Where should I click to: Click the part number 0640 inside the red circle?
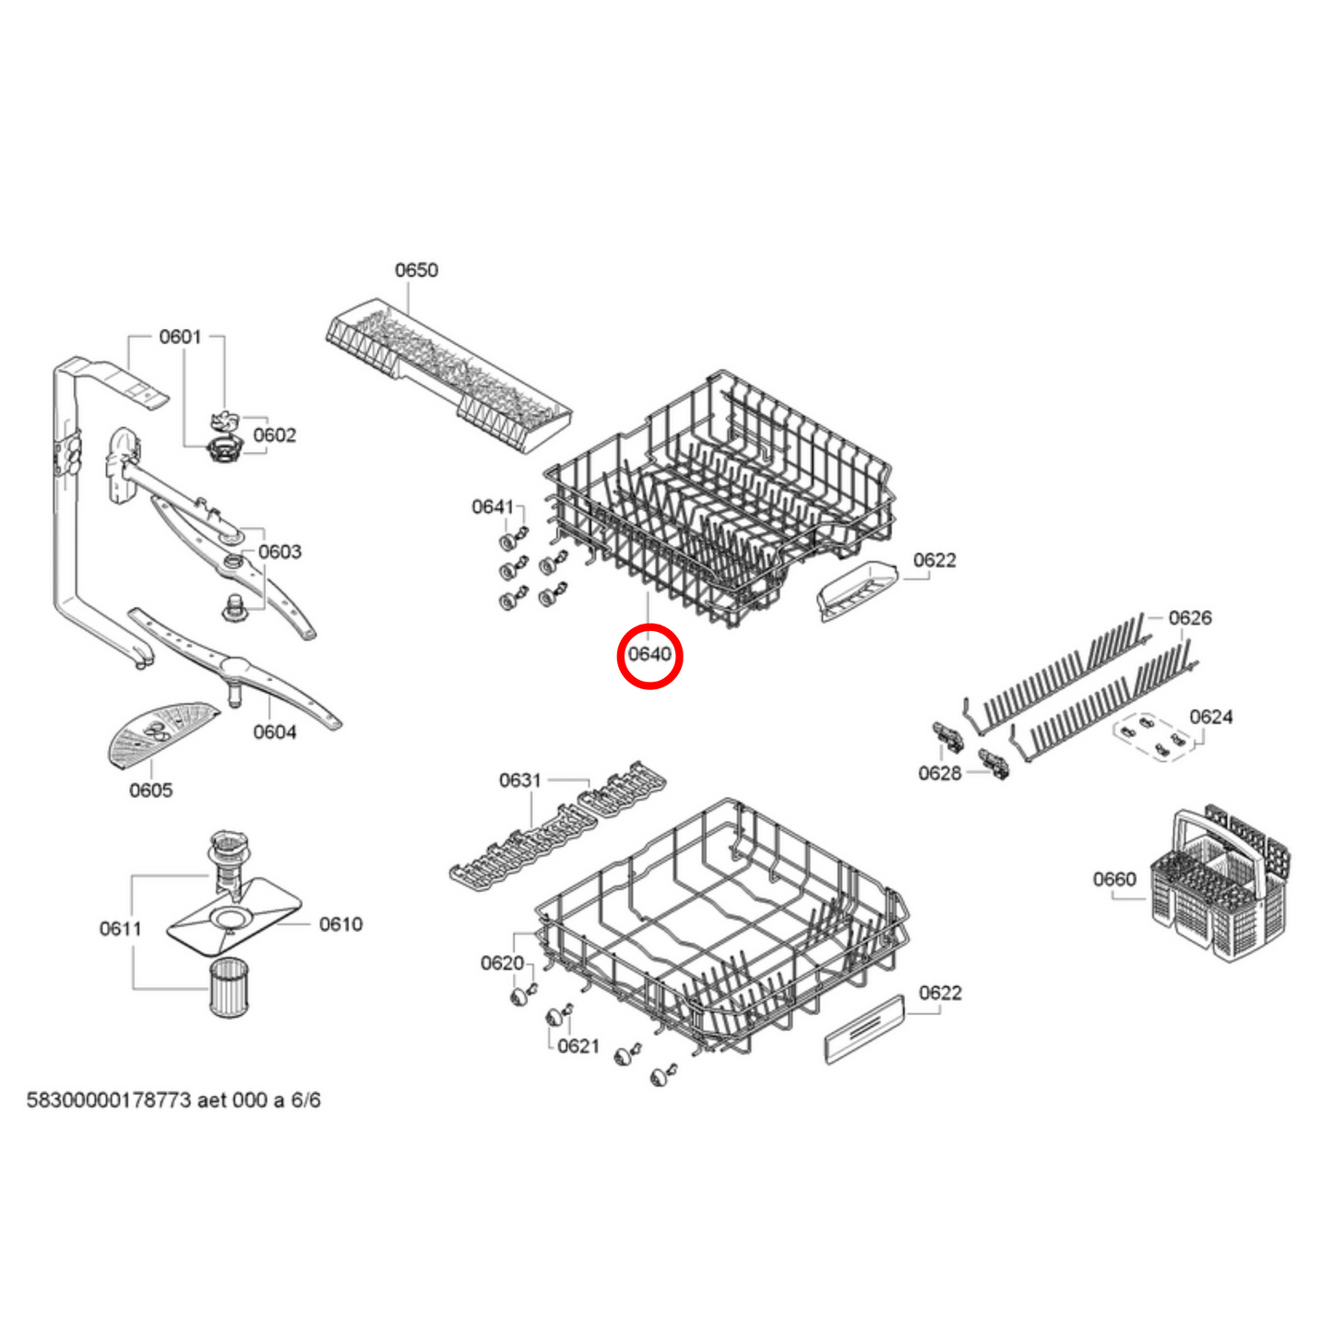click(649, 655)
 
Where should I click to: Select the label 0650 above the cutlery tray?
click(416, 270)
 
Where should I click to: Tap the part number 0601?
click(180, 337)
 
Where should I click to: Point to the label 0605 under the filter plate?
click(150, 791)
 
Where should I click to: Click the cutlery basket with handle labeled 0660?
click(1218, 886)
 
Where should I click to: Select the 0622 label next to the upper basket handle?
click(934, 561)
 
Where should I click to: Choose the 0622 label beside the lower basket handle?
click(940, 994)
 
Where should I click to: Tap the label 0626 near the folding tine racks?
click(1190, 618)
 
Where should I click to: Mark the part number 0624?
click(1210, 718)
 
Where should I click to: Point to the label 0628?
click(939, 774)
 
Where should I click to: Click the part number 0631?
click(520, 781)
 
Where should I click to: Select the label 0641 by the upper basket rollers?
click(493, 507)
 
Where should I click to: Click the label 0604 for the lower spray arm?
click(275, 732)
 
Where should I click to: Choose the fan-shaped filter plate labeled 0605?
click(159, 732)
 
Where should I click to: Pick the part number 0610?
click(340, 924)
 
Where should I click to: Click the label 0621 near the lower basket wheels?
click(578, 1046)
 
